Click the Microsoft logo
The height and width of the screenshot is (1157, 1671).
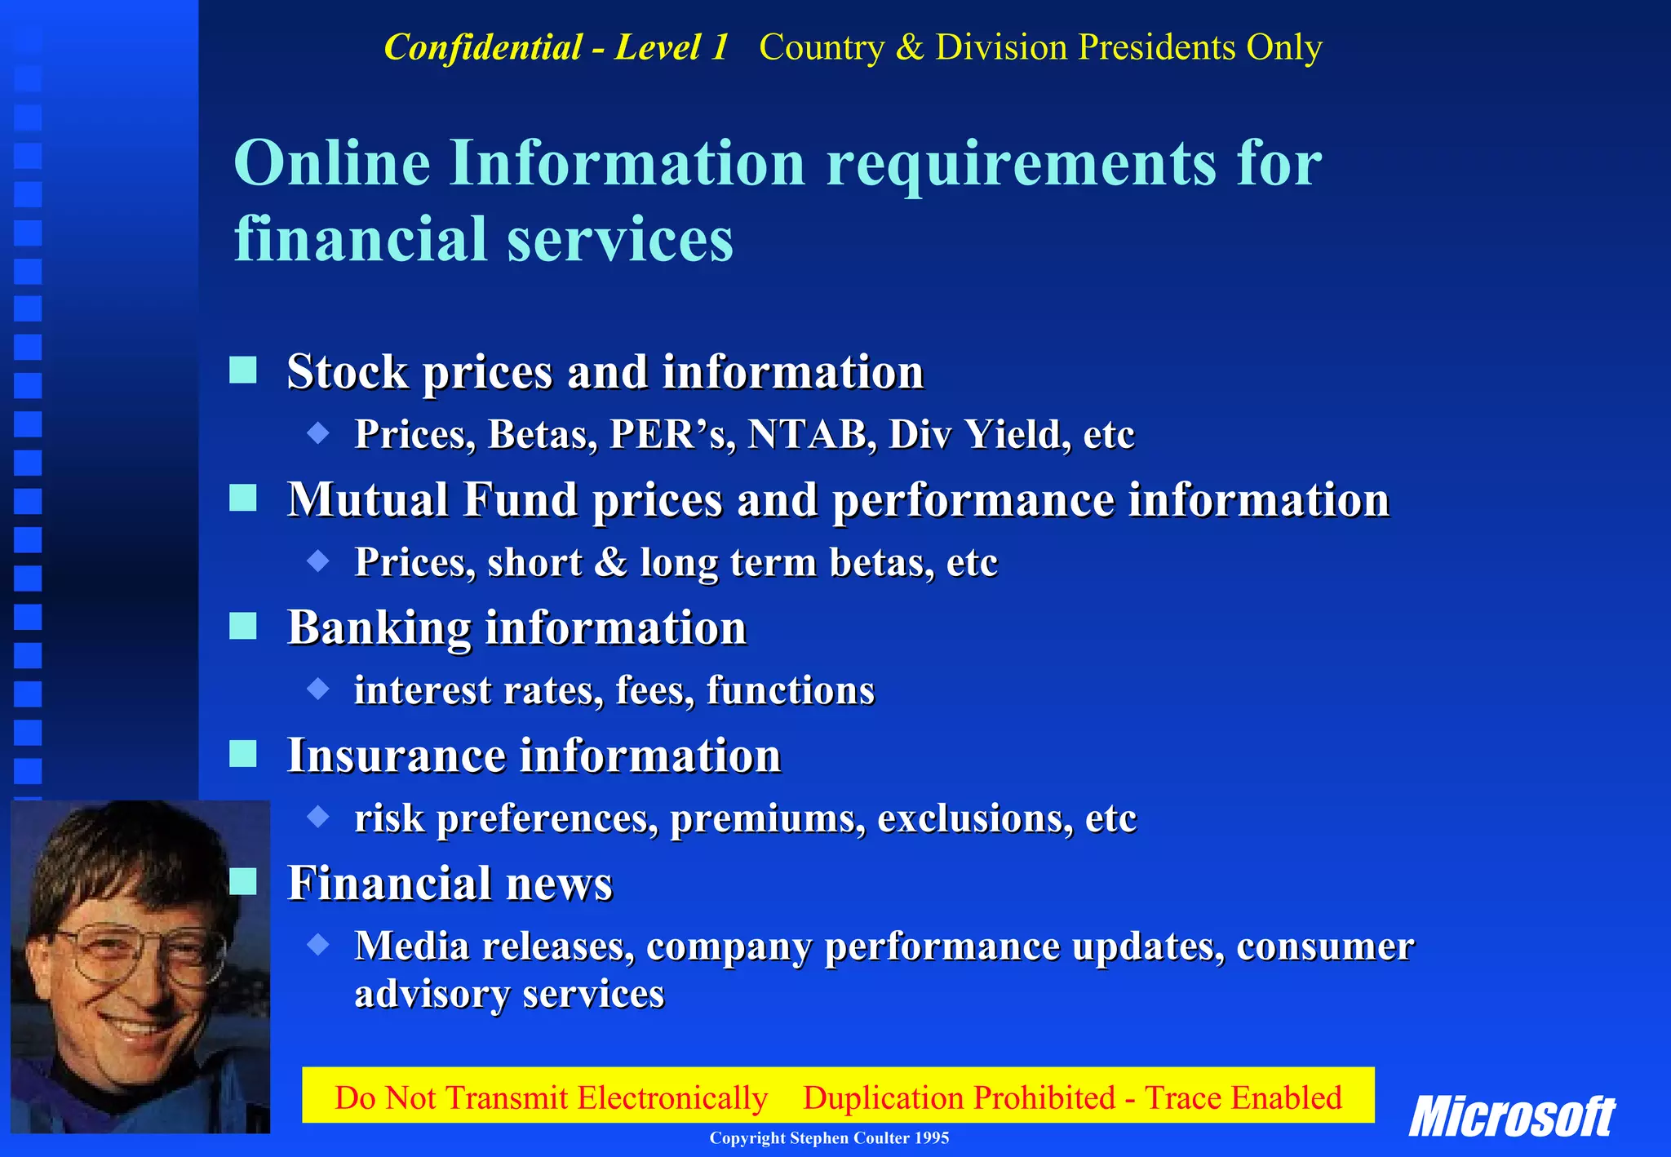pos(1511,1116)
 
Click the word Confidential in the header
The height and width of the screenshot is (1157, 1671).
pos(482,47)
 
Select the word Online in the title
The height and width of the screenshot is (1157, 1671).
pos(332,162)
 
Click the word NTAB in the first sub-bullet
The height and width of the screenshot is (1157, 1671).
pos(808,434)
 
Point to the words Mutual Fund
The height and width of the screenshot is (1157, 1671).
pos(432,499)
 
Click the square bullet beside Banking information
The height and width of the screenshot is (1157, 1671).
pos(243,626)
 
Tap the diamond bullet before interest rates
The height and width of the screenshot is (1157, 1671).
pos(318,689)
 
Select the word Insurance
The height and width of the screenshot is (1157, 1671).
pos(396,755)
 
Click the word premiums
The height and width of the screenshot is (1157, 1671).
pos(767,818)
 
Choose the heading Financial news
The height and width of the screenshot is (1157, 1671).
pos(450,883)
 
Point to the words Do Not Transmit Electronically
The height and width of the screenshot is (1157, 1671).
pos(551,1097)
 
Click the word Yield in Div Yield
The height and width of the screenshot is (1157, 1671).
pos(1017,434)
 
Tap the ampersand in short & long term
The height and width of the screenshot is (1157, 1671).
pos(610,562)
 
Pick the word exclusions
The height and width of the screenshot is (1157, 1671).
pos(975,818)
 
